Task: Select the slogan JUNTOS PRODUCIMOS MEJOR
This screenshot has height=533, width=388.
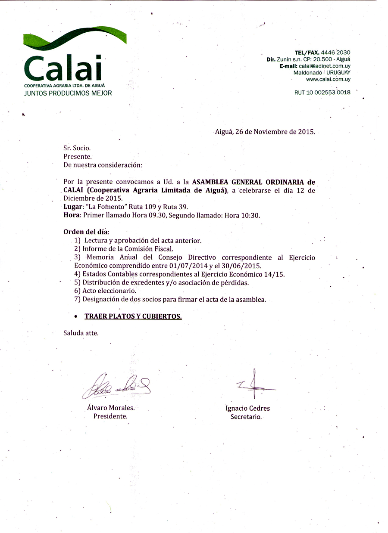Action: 68,93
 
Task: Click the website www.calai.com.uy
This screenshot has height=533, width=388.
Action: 328,79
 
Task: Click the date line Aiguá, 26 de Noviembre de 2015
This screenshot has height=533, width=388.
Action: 265,132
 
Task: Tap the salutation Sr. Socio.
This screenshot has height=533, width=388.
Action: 77,148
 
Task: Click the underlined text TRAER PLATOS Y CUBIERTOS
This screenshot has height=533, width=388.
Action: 133,316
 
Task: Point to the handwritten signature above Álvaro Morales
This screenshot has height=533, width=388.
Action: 116,386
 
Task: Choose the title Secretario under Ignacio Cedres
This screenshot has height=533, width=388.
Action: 246,417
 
